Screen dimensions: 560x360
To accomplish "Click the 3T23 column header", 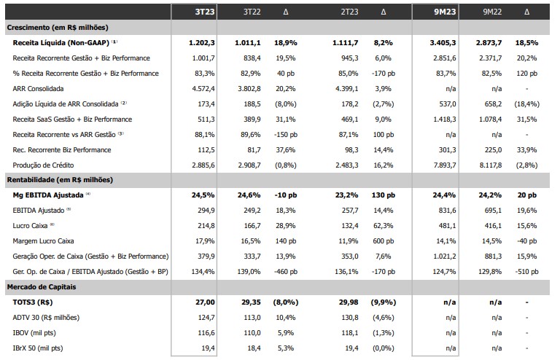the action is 205,12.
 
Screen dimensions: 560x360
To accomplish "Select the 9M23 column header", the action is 445,12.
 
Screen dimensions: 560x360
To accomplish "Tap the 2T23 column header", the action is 349,12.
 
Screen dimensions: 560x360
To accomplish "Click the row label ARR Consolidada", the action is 38,88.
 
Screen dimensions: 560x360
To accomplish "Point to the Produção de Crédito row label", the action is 43,165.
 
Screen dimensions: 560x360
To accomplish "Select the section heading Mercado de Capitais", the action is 42,287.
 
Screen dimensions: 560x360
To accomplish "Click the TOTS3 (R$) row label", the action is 33,302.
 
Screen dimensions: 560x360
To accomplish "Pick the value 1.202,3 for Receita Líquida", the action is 202,43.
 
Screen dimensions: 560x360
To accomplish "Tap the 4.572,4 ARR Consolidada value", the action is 203,88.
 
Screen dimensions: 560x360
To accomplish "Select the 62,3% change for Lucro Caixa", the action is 384,226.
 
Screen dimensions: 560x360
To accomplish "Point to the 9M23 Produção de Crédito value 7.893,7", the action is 445,165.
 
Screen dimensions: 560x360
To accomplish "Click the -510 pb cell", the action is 526,272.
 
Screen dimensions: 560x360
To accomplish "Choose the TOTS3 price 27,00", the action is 205,302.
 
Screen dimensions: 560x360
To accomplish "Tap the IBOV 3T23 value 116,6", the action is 206,333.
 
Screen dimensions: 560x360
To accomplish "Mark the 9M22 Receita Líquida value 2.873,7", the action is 489,43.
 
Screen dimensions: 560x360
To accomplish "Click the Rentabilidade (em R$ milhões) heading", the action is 60,180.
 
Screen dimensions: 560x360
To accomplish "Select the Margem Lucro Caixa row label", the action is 43,240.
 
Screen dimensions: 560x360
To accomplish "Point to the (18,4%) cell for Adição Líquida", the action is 526,103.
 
